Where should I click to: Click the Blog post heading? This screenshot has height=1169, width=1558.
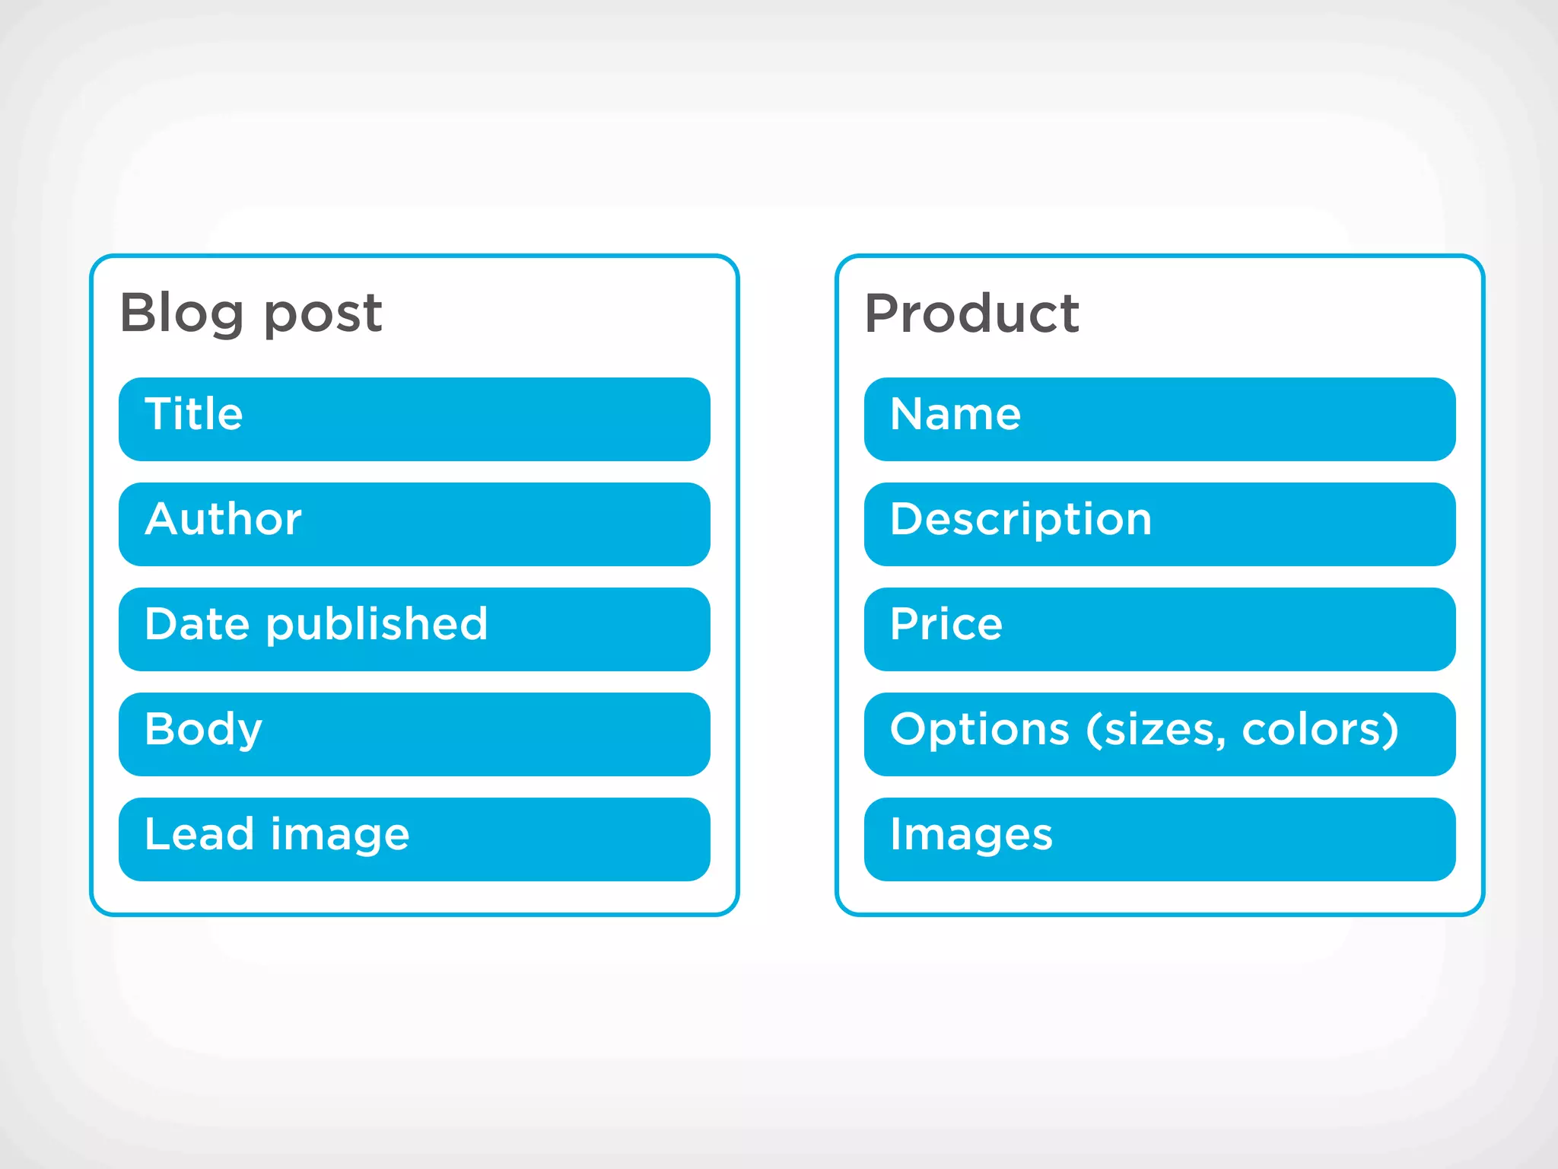point(251,313)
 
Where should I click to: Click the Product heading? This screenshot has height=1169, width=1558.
point(971,313)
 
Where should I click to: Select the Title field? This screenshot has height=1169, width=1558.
point(414,419)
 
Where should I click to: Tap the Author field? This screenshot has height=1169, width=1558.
point(414,524)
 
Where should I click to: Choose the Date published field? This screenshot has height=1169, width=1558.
point(414,629)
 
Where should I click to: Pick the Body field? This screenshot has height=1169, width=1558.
point(414,734)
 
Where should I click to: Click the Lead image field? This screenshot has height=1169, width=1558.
point(414,839)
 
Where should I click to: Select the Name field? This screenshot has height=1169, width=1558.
point(1159,419)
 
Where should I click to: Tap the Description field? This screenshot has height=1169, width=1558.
point(1159,524)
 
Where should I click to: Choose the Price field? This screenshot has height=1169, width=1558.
point(1159,629)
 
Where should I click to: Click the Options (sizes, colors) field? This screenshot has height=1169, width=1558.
point(1159,734)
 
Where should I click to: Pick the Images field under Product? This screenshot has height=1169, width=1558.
point(1159,839)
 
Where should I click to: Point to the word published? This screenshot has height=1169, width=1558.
point(377,626)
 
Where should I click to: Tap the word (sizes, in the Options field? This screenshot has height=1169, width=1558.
point(1156,731)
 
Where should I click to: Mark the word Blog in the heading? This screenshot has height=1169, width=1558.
point(182,313)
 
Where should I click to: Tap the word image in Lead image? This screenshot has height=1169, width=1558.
point(340,836)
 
